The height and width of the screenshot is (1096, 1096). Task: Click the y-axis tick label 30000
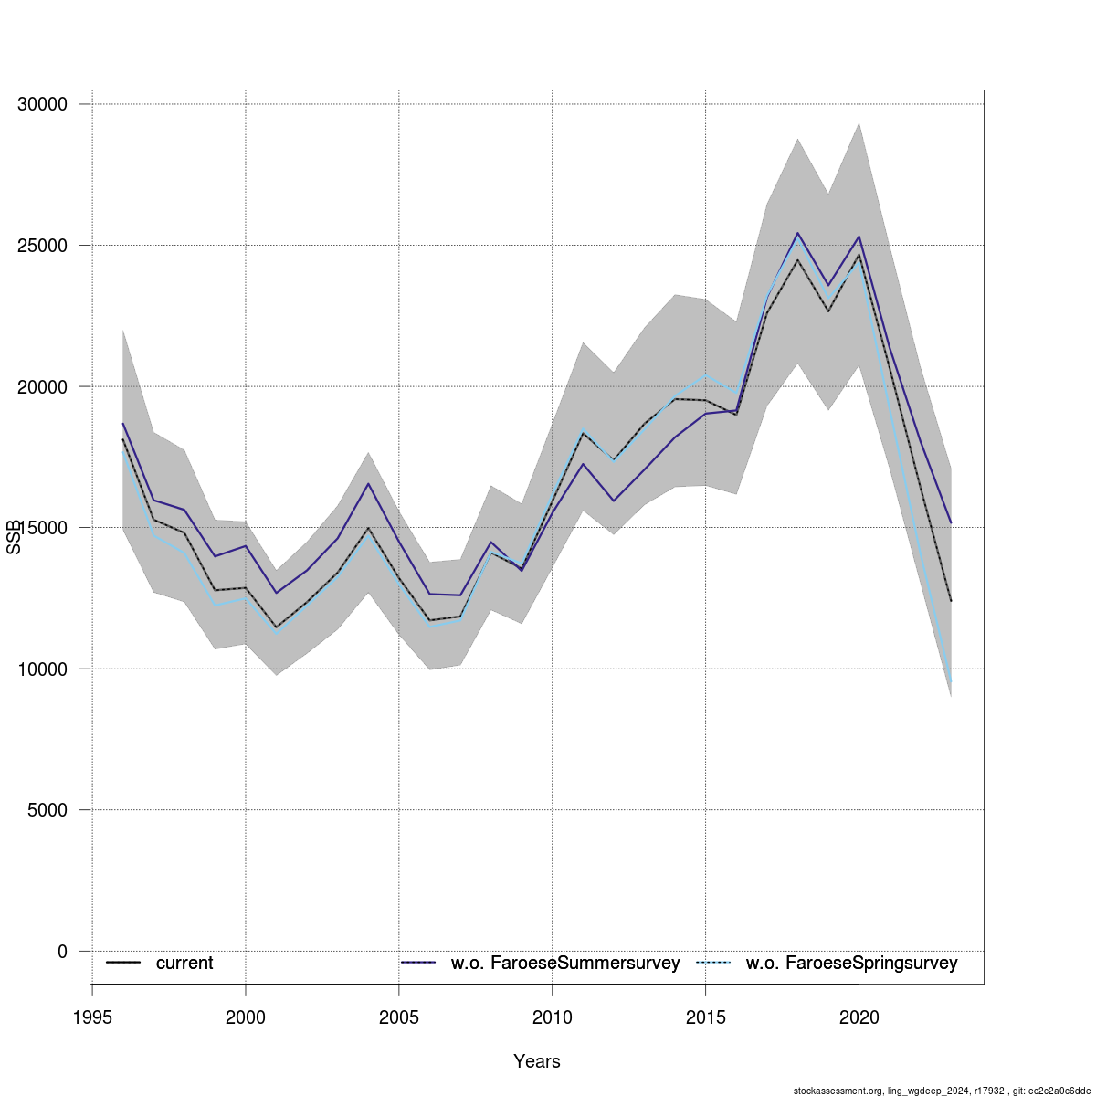click(43, 104)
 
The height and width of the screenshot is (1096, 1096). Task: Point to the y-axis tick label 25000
click(43, 246)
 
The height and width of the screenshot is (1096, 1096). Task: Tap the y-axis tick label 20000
click(43, 386)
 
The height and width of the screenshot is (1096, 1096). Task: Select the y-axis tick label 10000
click(43, 669)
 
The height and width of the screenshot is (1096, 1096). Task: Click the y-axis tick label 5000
click(47, 810)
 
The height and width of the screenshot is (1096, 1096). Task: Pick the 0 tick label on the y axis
click(62, 952)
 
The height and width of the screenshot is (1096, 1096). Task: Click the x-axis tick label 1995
click(92, 1017)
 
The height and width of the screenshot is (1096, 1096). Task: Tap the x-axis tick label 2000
click(245, 1017)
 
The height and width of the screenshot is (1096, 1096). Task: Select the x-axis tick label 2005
click(398, 1017)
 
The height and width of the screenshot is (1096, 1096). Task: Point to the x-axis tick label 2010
click(552, 1017)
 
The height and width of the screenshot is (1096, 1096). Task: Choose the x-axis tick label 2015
click(705, 1017)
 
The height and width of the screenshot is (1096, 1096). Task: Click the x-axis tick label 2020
click(859, 1017)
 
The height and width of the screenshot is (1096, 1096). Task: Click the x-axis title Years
click(537, 1061)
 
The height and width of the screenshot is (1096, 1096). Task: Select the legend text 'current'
click(184, 964)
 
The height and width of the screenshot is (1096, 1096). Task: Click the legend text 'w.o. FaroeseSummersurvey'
click(565, 964)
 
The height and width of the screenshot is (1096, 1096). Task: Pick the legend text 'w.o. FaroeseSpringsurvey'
click(851, 964)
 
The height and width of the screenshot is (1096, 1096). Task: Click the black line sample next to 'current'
click(123, 964)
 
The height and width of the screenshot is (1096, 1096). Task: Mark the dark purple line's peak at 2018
click(797, 233)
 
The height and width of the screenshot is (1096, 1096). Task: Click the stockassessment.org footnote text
click(942, 1091)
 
